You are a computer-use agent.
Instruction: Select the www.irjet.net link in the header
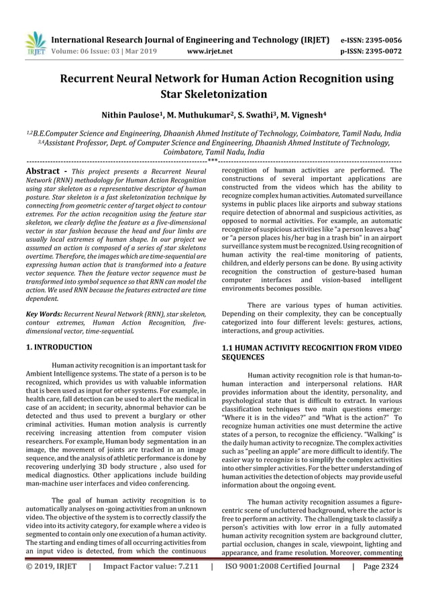[x=211, y=50]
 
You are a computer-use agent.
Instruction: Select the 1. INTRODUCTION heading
[x=59, y=347]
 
